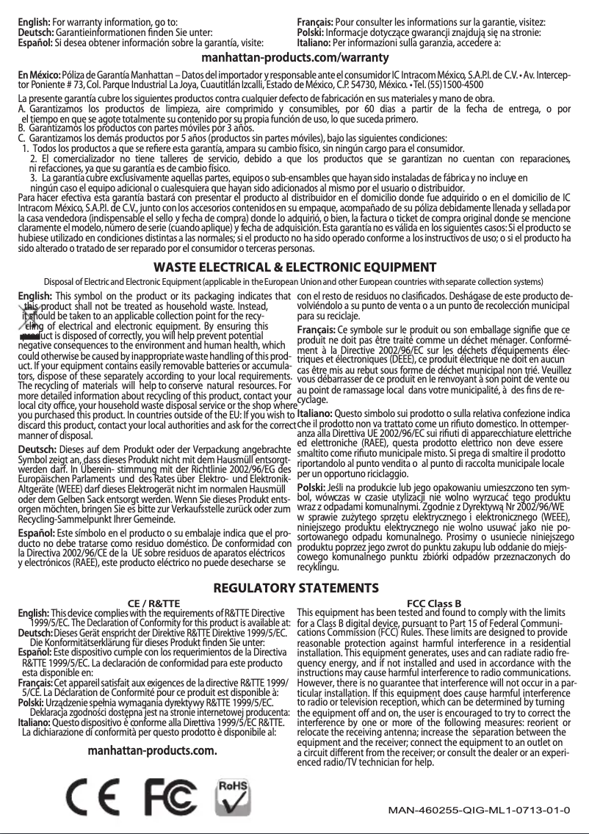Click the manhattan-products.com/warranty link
[x=294, y=57]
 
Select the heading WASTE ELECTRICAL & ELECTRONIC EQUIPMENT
[x=294, y=266]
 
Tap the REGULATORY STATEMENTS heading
[x=294, y=590]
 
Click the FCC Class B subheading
[x=433, y=604]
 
